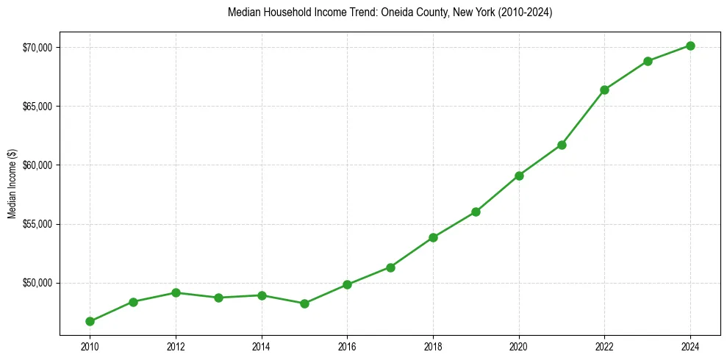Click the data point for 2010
[x=90, y=321]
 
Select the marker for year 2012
[x=176, y=292]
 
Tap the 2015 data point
[x=304, y=303]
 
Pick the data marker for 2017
[x=390, y=267]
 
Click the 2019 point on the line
[x=476, y=212]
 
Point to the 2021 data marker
[x=562, y=145]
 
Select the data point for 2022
[x=604, y=90]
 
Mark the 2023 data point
[x=648, y=61]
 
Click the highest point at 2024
[x=690, y=46]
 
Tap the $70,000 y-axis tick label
[x=38, y=48]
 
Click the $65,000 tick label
[x=38, y=107]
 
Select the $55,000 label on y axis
[x=38, y=224]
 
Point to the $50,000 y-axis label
[x=38, y=283]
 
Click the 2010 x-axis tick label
[x=90, y=345]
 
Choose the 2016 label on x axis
[x=347, y=345]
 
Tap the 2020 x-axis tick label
[x=519, y=345]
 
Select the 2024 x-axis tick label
[x=690, y=345]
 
